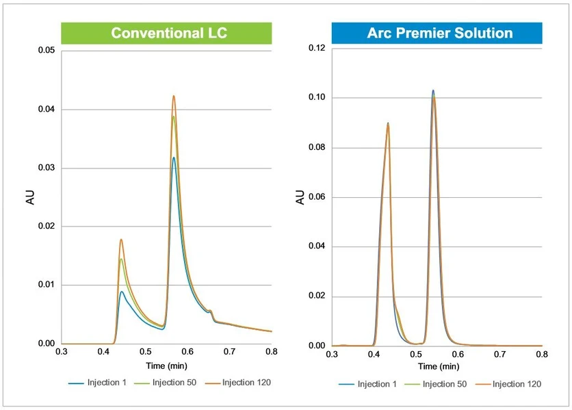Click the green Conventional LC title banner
point(166,33)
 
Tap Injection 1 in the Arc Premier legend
point(369,384)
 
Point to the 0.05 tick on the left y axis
point(46,51)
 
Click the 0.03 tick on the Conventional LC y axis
point(46,168)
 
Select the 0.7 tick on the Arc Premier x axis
point(500,355)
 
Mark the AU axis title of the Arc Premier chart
point(300,197)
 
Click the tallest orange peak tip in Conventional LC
point(174,96)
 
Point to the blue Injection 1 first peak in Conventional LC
point(122,292)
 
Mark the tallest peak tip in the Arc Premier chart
point(433,90)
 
